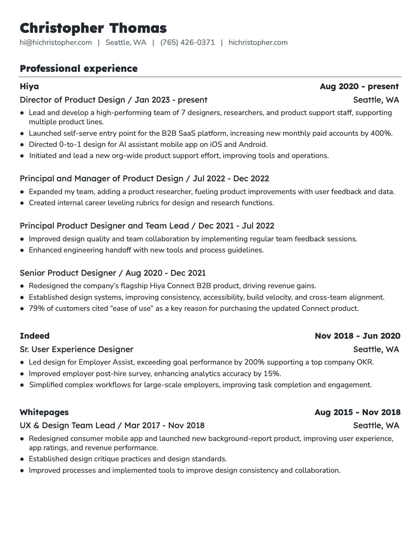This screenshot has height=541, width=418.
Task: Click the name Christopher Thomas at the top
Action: [x=93, y=28]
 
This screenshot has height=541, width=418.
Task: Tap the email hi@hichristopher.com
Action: [x=56, y=43]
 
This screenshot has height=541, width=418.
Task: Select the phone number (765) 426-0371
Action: [x=187, y=43]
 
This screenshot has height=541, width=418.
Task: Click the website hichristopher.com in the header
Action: [x=258, y=43]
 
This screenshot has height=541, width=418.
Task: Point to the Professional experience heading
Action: [x=79, y=69]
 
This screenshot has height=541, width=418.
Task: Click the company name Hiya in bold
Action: [x=29, y=87]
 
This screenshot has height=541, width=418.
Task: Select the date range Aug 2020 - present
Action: [x=359, y=87]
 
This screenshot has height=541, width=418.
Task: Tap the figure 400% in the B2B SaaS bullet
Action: [x=381, y=133]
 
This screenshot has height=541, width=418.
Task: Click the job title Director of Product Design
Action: [x=72, y=100]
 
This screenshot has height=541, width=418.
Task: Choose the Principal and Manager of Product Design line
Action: [x=101, y=179]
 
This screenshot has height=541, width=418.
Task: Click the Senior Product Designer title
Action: [x=68, y=273]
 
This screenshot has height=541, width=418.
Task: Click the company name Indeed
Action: [x=34, y=336]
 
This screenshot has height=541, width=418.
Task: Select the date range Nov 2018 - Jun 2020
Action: [x=357, y=336]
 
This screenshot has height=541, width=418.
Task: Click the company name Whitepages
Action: [x=44, y=412]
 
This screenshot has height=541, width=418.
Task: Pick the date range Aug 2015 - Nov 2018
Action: [x=357, y=412]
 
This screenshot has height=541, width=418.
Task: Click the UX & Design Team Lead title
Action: [x=67, y=426]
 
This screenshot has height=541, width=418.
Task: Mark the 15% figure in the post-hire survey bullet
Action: [x=274, y=374]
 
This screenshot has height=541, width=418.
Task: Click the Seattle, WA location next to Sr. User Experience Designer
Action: [x=376, y=350]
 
